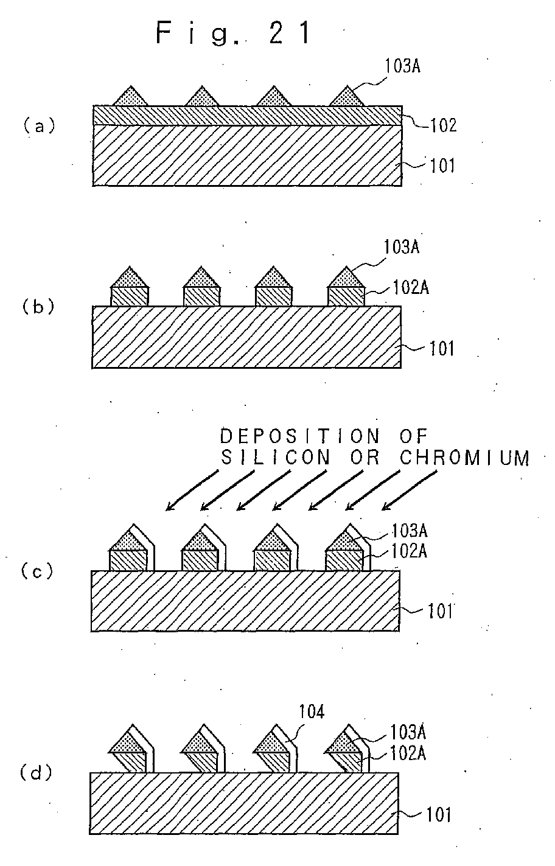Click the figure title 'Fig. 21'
[x=234, y=33]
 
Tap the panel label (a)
[x=40, y=126]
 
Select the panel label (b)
[x=38, y=307]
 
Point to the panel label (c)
[x=37, y=572]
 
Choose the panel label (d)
[x=36, y=773]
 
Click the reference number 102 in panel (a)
[x=443, y=125]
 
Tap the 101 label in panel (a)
[x=442, y=166]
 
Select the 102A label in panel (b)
[x=411, y=288]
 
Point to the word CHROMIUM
[x=464, y=458]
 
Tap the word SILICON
[x=276, y=458]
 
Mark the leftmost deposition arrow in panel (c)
[x=192, y=491]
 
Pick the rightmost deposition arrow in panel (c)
[x=410, y=491]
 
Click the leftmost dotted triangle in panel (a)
[x=131, y=96]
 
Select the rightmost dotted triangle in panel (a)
[x=347, y=96]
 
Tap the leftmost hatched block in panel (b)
[x=130, y=297]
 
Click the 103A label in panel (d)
[x=408, y=732]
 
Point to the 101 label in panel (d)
[x=439, y=814]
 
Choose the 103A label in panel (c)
[x=410, y=531]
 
